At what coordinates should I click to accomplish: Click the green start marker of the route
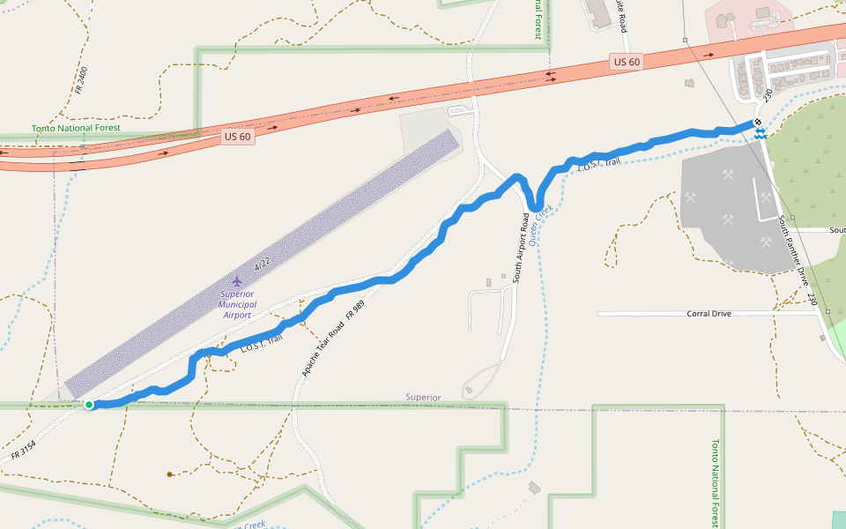tap(89, 405)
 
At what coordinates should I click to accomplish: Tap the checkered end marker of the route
tap(757, 123)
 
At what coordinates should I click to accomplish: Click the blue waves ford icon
tap(760, 133)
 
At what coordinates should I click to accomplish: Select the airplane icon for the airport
tap(236, 280)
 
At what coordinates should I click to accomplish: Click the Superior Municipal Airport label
tap(236, 304)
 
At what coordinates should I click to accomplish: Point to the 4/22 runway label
tap(262, 264)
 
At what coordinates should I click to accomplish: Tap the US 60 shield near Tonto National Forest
tap(237, 137)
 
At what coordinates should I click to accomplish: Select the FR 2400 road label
tap(81, 80)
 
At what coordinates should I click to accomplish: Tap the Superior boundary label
tap(423, 398)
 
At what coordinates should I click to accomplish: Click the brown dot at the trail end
tap(169, 474)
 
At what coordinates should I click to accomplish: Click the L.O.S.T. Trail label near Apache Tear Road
tap(261, 344)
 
